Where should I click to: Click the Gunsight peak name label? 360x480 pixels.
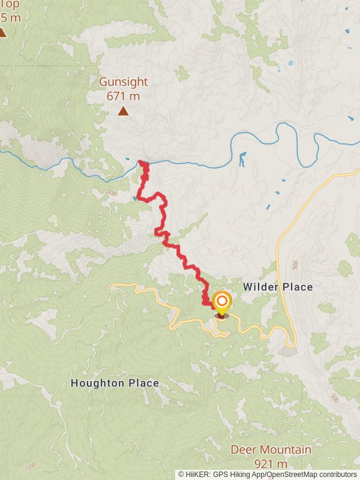tap(123, 82)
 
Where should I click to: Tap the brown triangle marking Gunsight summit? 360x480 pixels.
tap(123, 110)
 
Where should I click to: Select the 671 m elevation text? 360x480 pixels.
tap(123, 96)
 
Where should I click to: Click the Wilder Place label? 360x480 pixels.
tap(278, 287)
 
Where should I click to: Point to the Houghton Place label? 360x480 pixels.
tap(115, 383)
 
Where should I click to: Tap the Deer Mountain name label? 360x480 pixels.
tap(271, 449)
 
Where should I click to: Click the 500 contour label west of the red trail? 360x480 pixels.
tap(112, 193)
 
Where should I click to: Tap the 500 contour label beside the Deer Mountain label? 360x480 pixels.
tap(334, 398)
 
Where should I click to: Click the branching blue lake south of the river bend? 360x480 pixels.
tap(242, 160)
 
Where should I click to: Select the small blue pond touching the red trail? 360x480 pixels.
tap(135, 197)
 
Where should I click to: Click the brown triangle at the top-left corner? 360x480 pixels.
tap(2, 32)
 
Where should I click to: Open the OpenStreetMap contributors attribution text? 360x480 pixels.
tap(311, 474)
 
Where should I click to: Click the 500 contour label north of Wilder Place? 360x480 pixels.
tap(295, 265)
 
